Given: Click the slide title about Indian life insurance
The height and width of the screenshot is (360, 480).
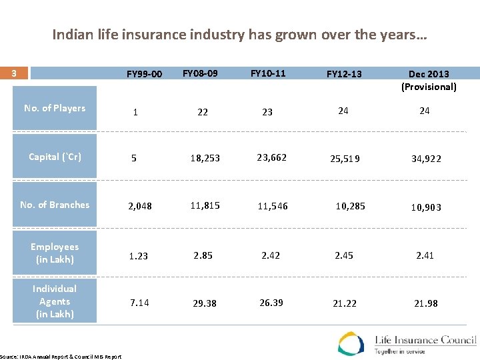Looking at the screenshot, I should [x=239, y=35].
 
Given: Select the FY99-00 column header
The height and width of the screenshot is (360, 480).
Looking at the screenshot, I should [x=144, y=74].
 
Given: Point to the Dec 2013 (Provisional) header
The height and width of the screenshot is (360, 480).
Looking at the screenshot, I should [x=429, y=80].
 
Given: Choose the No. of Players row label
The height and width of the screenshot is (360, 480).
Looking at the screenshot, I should [x=55, y=108].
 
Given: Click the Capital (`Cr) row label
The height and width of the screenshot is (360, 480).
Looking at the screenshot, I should [x=55, y=157].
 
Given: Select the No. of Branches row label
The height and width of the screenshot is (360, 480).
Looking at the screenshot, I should [x=55, y=205].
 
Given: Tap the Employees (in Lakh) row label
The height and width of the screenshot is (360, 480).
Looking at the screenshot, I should [x=55, y=253].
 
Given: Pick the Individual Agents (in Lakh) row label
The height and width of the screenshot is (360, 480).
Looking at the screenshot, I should [x=55, y=301].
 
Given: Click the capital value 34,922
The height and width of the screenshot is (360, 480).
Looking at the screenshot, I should [x=426, y=159].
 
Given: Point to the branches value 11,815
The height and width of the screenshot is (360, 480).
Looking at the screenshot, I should [x=205, y=205].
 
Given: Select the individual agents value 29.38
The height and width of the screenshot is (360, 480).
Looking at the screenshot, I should [x=205, y=303].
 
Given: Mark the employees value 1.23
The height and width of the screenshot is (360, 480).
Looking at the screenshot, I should [x=138, y=255].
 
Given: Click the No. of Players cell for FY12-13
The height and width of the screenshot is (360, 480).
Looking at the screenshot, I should [x=343, y=111].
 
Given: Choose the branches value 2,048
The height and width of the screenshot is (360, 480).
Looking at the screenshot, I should [x=140, y=207].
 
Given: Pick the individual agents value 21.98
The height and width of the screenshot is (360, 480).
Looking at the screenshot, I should [x=426, y=303].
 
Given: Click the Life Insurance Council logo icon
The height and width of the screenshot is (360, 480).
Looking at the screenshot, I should [x=351, y=343].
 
